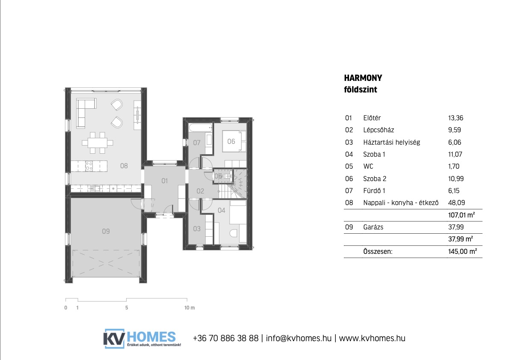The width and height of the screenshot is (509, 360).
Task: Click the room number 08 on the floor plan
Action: pyautogui.click(x=124, y=166)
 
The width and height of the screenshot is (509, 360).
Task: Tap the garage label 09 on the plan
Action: pyautogui.click(x=106, y=231)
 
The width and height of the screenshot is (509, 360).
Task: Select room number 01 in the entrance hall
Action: pyautogui.click(x=165, y=181)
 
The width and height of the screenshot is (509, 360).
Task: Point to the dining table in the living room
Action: pyautogui.click(x=98, y=142)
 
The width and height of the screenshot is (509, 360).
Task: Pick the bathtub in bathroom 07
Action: pyautogui.click(x=200, y=128)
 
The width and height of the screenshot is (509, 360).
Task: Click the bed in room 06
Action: pyautogui.click(x=234, y=141)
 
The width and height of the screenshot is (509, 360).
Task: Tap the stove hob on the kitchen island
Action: pyautogui.click(x=89, y=166)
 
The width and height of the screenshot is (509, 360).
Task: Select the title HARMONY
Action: pyautogui.click(x=363, y=78)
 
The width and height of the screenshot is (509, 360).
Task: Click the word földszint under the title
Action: pyautogui.click(x=360, y=89)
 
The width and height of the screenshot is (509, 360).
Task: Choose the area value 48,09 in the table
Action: pyautogui.click(x=456, y=203)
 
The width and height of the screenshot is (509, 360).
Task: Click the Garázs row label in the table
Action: pyautogui.click(x=373, y=227)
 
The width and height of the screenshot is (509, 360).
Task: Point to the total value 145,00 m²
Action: pyautogui.click(x=462, y=251)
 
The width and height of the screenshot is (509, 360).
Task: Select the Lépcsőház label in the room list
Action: pyautogui.click(x=379, y=130)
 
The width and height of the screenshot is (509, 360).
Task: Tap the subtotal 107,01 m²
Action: pyautogui.click(x=461, y=215)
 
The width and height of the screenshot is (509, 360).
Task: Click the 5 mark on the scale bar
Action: pyautogui.click(x=127, y=307)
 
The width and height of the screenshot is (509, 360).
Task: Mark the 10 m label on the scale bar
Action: pyautogui.click(x=189, y=307)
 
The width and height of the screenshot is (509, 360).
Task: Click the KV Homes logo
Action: pyautogui.click(x=142, y=339)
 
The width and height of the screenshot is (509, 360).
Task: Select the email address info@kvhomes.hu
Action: pyautogui.click(x=299, y=338)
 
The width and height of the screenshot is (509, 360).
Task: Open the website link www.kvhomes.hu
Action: pyautogui.click(x=372, y=338)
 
